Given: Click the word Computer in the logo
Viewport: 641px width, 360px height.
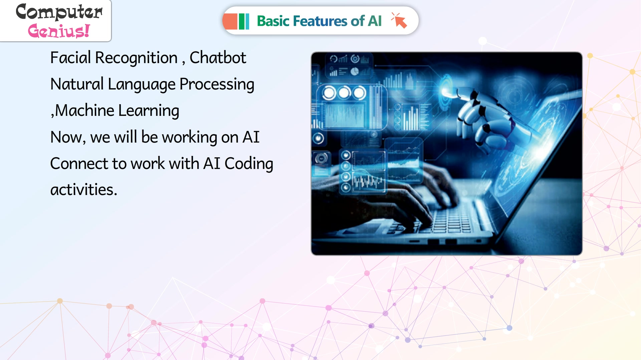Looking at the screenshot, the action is tap(59, 12).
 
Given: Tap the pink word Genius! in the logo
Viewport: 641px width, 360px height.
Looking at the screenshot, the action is tap(59, 31).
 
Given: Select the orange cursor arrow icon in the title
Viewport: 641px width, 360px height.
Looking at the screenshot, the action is tap(399, 21).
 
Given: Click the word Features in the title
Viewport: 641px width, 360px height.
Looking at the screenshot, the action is tap(320, 21).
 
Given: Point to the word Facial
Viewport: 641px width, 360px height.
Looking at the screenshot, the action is tap(70, 57).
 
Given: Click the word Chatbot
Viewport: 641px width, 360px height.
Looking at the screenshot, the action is tap(218, 57).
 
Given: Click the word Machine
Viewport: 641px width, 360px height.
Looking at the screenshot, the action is tap(85, 110).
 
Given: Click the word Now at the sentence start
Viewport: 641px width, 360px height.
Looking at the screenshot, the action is tap(68, 137).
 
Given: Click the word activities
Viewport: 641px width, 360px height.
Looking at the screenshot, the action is tap(83, 189).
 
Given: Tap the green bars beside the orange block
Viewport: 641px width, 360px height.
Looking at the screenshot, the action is tap(244, 21).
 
